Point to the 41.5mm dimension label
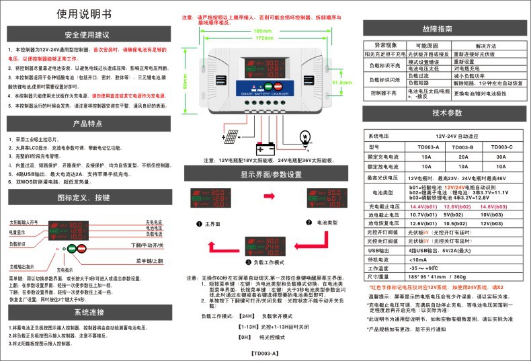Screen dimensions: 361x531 343,83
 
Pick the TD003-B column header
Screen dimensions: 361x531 463,146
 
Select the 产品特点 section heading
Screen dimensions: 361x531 87,124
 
